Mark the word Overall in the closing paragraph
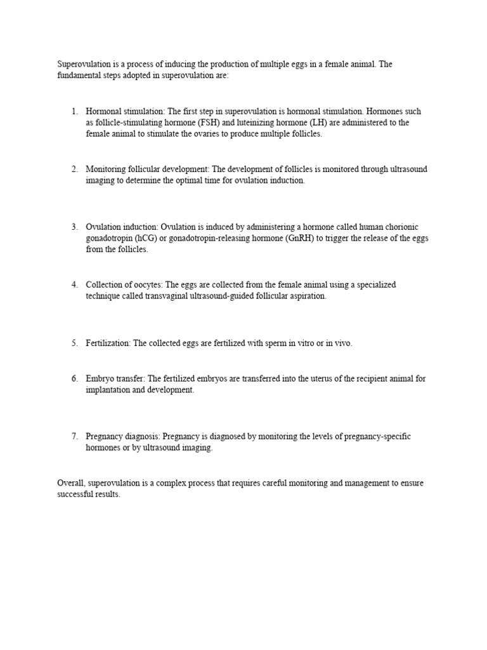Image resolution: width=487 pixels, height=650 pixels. click(x=71, y=483)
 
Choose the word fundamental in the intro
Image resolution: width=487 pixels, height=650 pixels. click(x=78, y=76)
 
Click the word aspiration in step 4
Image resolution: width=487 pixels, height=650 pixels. click(x=307, y=296)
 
